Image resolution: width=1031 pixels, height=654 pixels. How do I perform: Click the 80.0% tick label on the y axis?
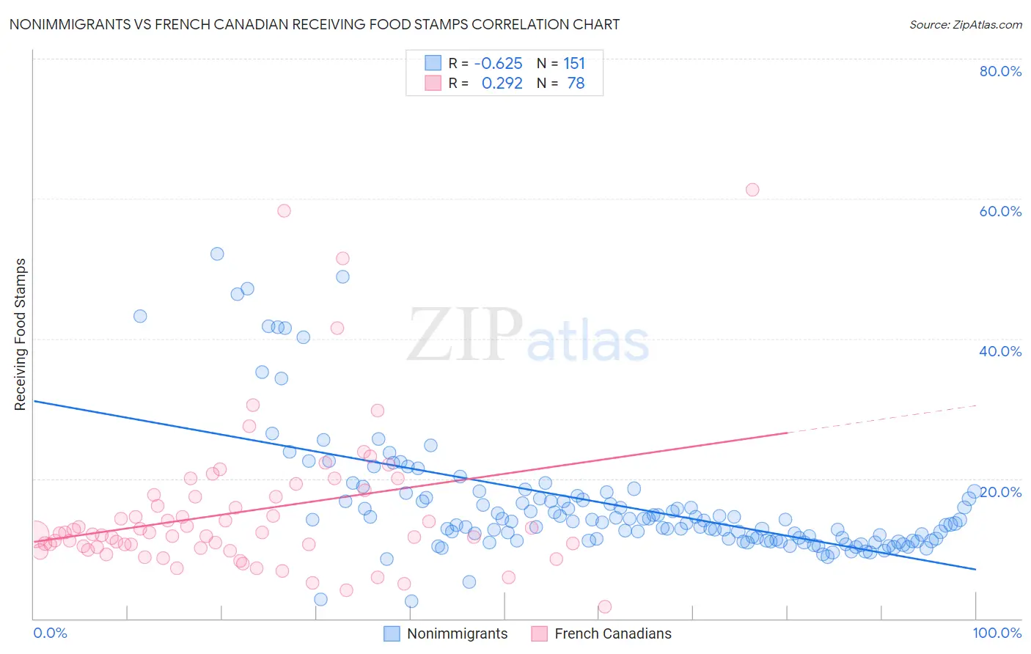[x=1000, y=71]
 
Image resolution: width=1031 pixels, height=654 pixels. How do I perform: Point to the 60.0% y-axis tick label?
[x=1000, y=211]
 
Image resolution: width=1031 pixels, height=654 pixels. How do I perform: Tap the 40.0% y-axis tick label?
[x=1000, y=351]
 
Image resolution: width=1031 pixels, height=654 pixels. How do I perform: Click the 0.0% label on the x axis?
[x=50, y=633]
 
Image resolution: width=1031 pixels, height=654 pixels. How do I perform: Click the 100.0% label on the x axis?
[x=997, y=633]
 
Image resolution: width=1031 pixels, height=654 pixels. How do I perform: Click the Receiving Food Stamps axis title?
[x=21, y=334]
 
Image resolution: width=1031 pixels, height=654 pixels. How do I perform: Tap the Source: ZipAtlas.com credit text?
[x=965, y=24]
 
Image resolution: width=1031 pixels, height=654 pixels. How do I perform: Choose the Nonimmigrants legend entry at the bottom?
[x=456, y=633]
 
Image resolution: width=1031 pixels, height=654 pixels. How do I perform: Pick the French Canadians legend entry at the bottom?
[x=612, y=633]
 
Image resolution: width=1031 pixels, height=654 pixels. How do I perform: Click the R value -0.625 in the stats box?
[x=499, y=64]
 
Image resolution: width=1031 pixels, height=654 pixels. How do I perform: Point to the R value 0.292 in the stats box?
[x=502, y=84]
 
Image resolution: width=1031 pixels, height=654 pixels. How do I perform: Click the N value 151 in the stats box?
[x=574, y=64]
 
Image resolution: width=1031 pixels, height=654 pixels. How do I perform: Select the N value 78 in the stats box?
[x=576, y=84]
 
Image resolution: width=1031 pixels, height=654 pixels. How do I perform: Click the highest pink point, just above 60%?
[x=752, y=190]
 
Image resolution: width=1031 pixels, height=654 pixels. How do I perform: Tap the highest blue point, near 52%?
[x=217, y=254]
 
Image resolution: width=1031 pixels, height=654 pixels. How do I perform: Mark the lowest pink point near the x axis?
[x=605, y=606]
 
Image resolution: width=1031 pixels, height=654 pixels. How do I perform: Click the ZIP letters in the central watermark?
[x=464, y=334]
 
